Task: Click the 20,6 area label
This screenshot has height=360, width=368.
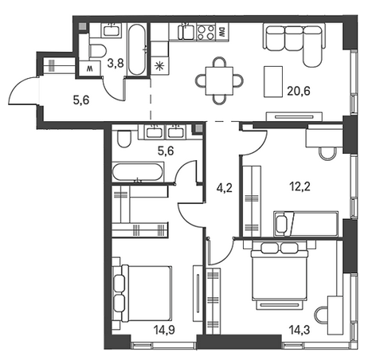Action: (x=299, y=91)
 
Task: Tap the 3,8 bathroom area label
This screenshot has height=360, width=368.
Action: (x=115, y=63)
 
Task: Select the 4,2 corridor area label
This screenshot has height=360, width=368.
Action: (x=225, y=188)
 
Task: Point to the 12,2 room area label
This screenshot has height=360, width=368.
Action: (x=299, y=186)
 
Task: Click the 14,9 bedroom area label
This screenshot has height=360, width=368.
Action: (x=164, y=330)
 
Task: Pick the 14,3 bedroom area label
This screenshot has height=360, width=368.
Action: (x=299, y=330)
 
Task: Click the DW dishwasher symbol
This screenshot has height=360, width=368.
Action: (x=221, y=32)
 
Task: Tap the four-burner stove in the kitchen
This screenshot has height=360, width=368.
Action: (x=206, y=32)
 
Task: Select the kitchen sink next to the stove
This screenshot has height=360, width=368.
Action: (x=186, y=31)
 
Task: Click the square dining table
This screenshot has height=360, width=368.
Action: (x=219, y=80)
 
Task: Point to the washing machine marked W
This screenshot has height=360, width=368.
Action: (x=90, y=69)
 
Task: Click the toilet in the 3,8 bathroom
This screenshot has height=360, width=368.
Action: (x=97, y=50)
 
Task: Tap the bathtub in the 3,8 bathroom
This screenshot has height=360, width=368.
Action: (x=137, y=49)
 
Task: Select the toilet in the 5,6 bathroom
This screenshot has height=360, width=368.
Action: (x=123, y=138)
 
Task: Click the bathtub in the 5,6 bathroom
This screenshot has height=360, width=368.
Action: (x=137, y=172)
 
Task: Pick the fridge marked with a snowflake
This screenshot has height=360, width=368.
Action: (x=159, y=66)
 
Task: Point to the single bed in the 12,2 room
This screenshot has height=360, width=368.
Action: (x=306, y=223)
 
